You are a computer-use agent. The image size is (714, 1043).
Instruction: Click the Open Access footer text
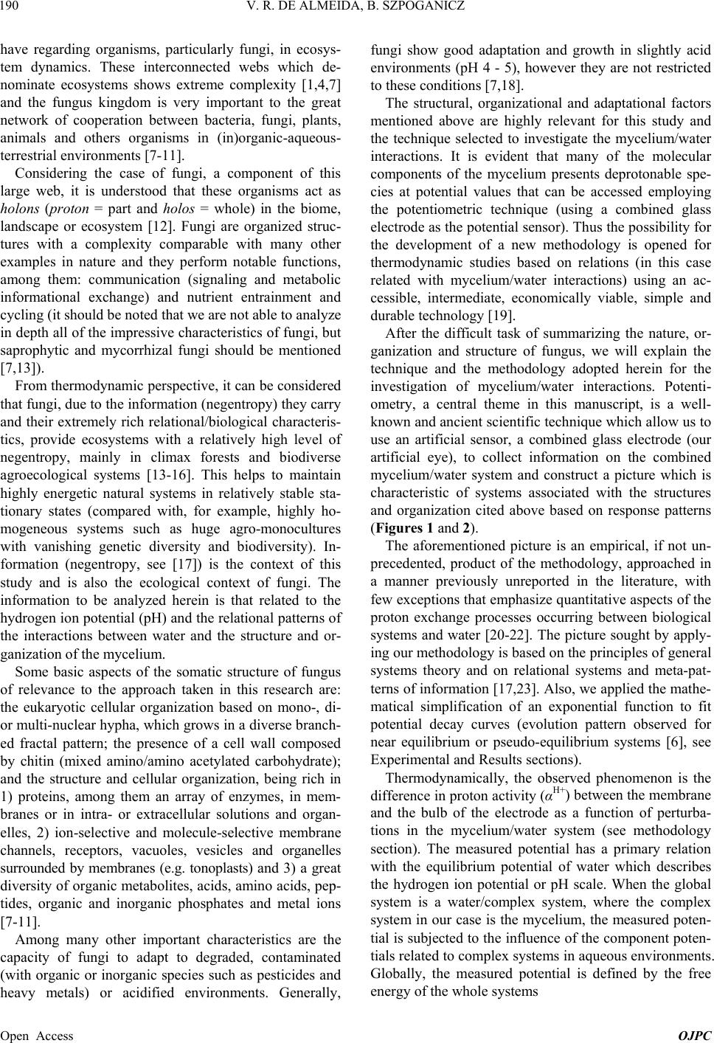click(x=38, y=1036)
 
